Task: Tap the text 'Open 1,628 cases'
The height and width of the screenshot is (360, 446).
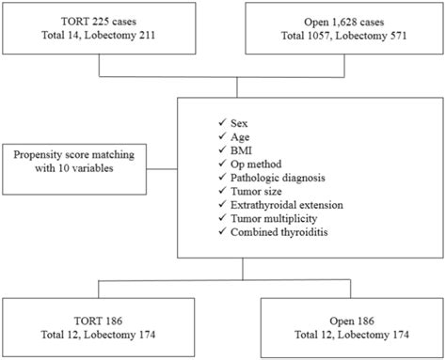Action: (x=343, y=21)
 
